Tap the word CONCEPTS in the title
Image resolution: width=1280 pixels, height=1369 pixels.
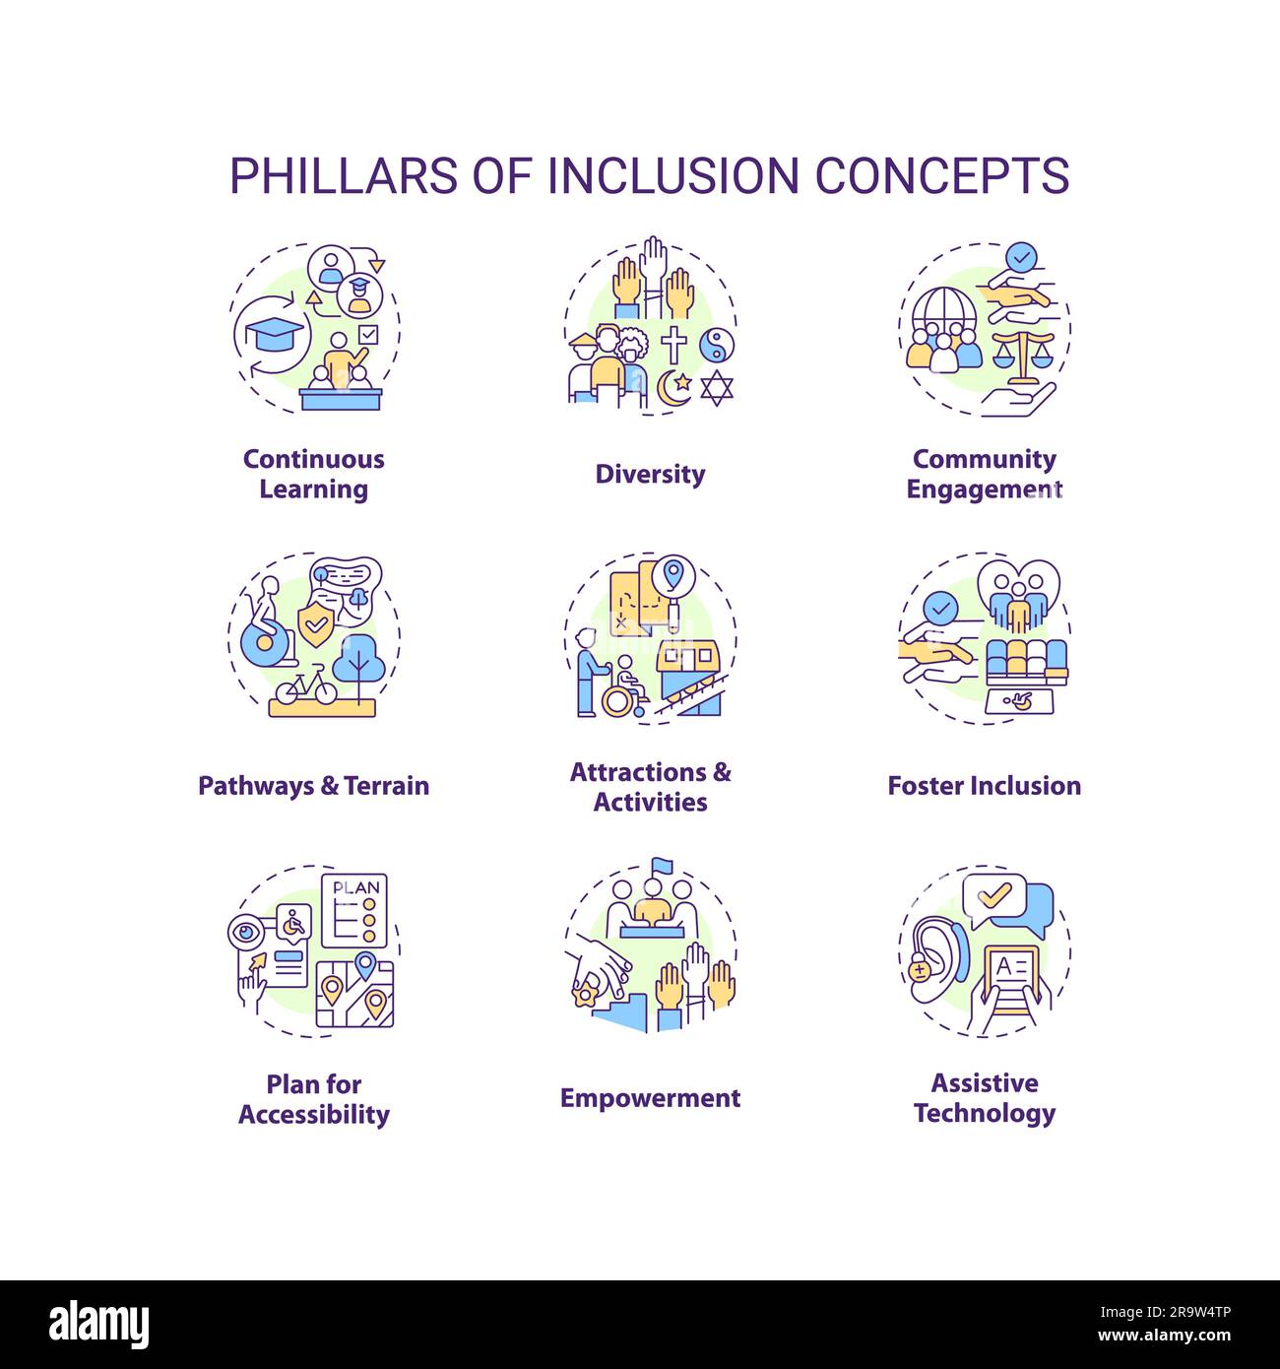pos(941,175)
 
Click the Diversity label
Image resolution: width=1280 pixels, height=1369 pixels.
pos(650,474)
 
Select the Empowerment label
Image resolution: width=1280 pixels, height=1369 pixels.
pos(650,1098)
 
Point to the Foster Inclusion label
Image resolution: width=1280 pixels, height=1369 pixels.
pos(984,786)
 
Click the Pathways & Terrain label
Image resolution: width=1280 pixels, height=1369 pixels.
pos(314,786)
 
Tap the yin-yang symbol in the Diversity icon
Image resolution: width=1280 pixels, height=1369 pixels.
pos(716,344)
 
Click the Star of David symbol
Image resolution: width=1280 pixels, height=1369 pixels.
pos(717,387)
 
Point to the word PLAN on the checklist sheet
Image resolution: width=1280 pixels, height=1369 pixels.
pos(355,887)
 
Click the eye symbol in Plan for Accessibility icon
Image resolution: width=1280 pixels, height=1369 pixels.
pos(246,930)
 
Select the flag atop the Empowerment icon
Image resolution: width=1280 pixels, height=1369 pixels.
pos(660,866)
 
